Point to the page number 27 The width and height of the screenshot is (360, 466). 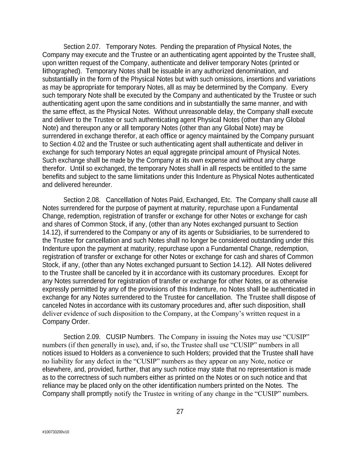180,412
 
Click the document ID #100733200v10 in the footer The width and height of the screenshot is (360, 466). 56,432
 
